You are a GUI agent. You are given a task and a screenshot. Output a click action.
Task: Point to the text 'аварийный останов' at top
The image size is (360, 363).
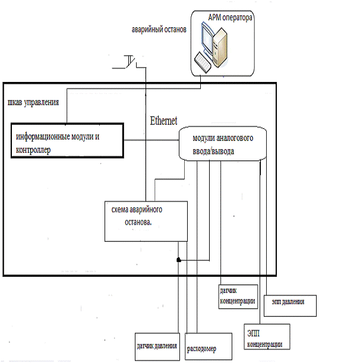point(160,29)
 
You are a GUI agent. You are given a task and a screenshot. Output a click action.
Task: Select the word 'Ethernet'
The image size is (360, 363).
point(163,120)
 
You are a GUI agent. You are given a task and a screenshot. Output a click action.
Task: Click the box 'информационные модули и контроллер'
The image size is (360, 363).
point(67,141)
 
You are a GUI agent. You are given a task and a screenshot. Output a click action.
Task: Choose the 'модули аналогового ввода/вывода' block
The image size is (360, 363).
point(222,144)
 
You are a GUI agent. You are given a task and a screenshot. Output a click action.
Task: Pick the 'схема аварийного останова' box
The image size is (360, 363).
point(145,220)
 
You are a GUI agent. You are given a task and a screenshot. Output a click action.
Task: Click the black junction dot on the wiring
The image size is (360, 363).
point(177,260)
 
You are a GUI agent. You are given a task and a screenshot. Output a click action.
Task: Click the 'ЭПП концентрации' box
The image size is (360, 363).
point(267,338)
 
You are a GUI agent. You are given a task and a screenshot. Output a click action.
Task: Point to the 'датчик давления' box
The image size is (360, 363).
point(157,347)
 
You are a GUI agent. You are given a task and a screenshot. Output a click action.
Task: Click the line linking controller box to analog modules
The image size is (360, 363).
point(151,141)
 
